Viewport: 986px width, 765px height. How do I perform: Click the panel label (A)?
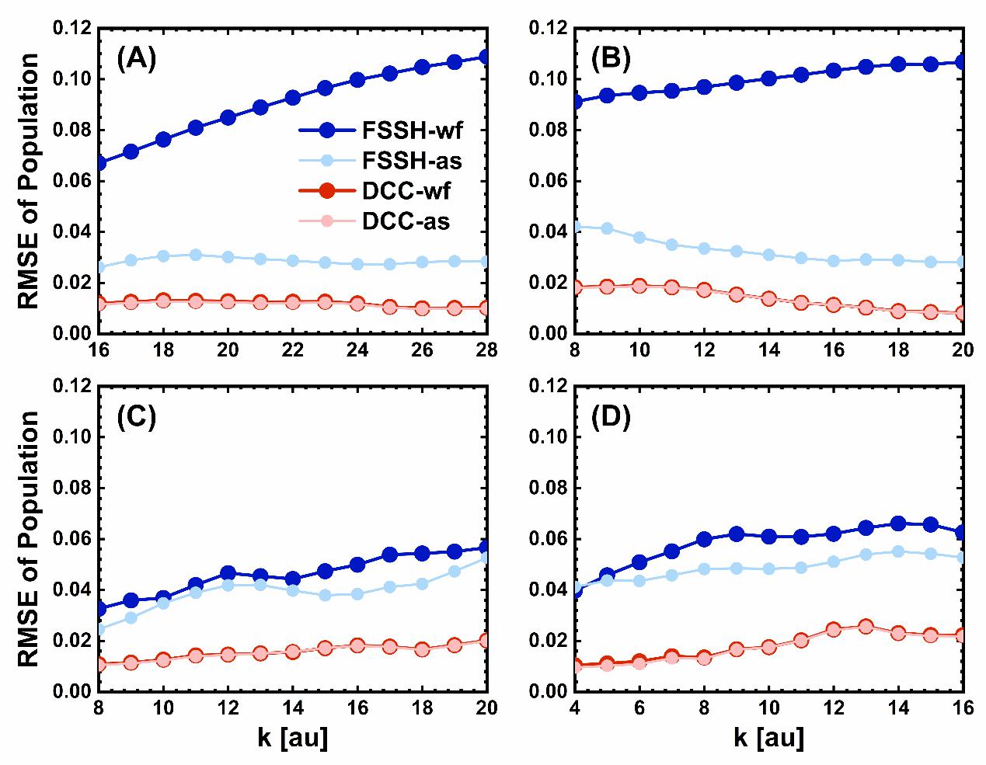137,59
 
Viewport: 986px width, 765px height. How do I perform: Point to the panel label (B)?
611,59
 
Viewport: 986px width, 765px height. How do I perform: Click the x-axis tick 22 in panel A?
293,349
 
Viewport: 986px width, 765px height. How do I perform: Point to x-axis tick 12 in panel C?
228,707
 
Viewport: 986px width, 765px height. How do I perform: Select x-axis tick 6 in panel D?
639,707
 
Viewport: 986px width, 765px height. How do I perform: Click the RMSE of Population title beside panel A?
28,181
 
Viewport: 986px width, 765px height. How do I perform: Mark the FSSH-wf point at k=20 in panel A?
228,117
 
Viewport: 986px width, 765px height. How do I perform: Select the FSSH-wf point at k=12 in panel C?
228,574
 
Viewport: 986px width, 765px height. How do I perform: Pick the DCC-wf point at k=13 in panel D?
866,626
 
